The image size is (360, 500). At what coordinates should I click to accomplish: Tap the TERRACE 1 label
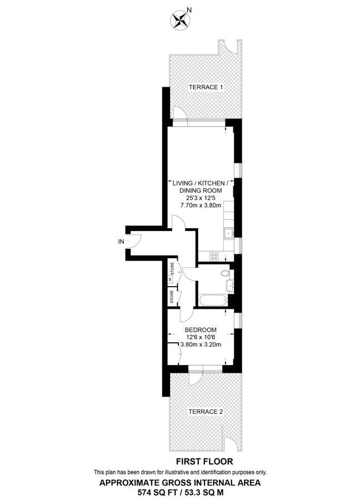pyautogui.click(x=206, y=87)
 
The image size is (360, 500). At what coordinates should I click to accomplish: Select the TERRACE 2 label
pyautogui.click(x=206, y=412)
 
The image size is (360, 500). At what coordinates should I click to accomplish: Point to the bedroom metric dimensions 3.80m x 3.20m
pyautogui.click(x=201, y=344)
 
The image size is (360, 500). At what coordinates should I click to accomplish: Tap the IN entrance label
pyautogui.click(x=121, y=241)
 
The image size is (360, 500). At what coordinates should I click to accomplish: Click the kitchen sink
pyautogui.click(x=228, y=232)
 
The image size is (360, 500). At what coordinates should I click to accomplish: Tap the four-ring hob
pyautogui.click(x=214, y=256)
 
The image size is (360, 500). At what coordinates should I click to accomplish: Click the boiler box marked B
pyautogui.click(x=171, y=279)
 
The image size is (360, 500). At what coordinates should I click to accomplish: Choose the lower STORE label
pyautogui.click(x=172, y=296)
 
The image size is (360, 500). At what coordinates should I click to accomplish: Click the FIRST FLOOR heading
pyautogui.click(x=204, y=461)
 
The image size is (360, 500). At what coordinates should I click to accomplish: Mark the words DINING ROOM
pyautogui.click(x=201, y=191)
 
